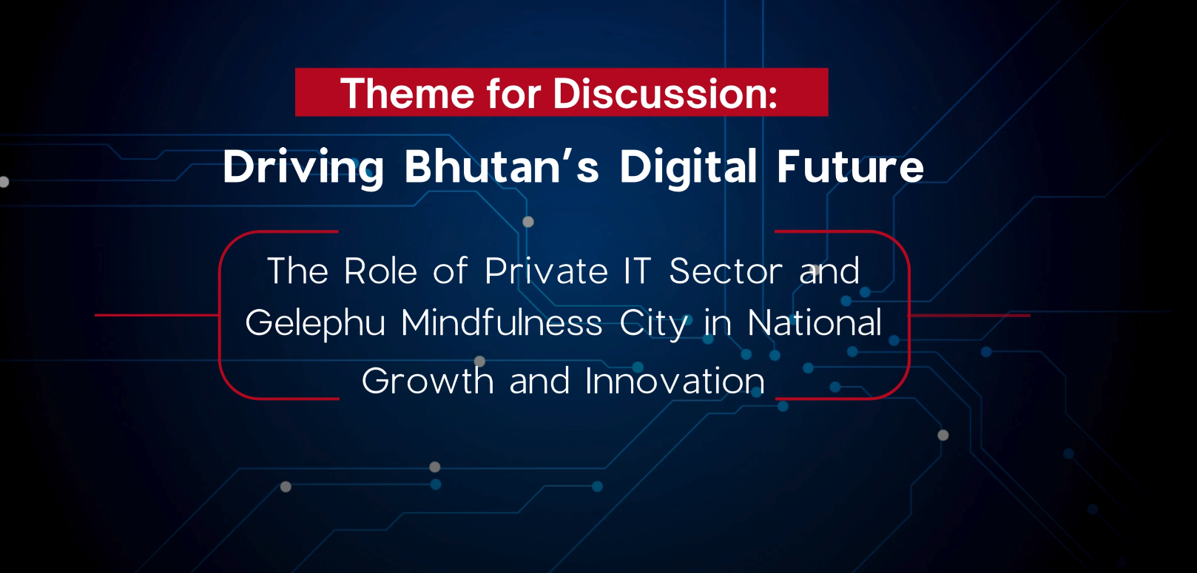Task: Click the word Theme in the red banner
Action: click(x=407, y=94)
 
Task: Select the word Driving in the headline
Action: click(x=303, y=168)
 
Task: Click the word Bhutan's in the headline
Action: click(x=502, y=166)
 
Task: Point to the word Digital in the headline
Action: click(x=688, y=168)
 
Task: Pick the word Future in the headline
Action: click(x=850, y=166)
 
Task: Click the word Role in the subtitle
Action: click(x=380, y=271)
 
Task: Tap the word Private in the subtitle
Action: click(x=546, y=271)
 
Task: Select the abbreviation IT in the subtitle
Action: click(x=637, y=271)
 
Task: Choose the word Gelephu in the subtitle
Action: click(x=315, y=324)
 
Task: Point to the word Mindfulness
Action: click(x=502, y=322)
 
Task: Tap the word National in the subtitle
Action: click(x=815, y=322)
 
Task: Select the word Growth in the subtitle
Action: click(x=428, y=380)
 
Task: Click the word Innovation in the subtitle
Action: click(x=675, y=380)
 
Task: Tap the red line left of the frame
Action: click(x=157, y=315)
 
